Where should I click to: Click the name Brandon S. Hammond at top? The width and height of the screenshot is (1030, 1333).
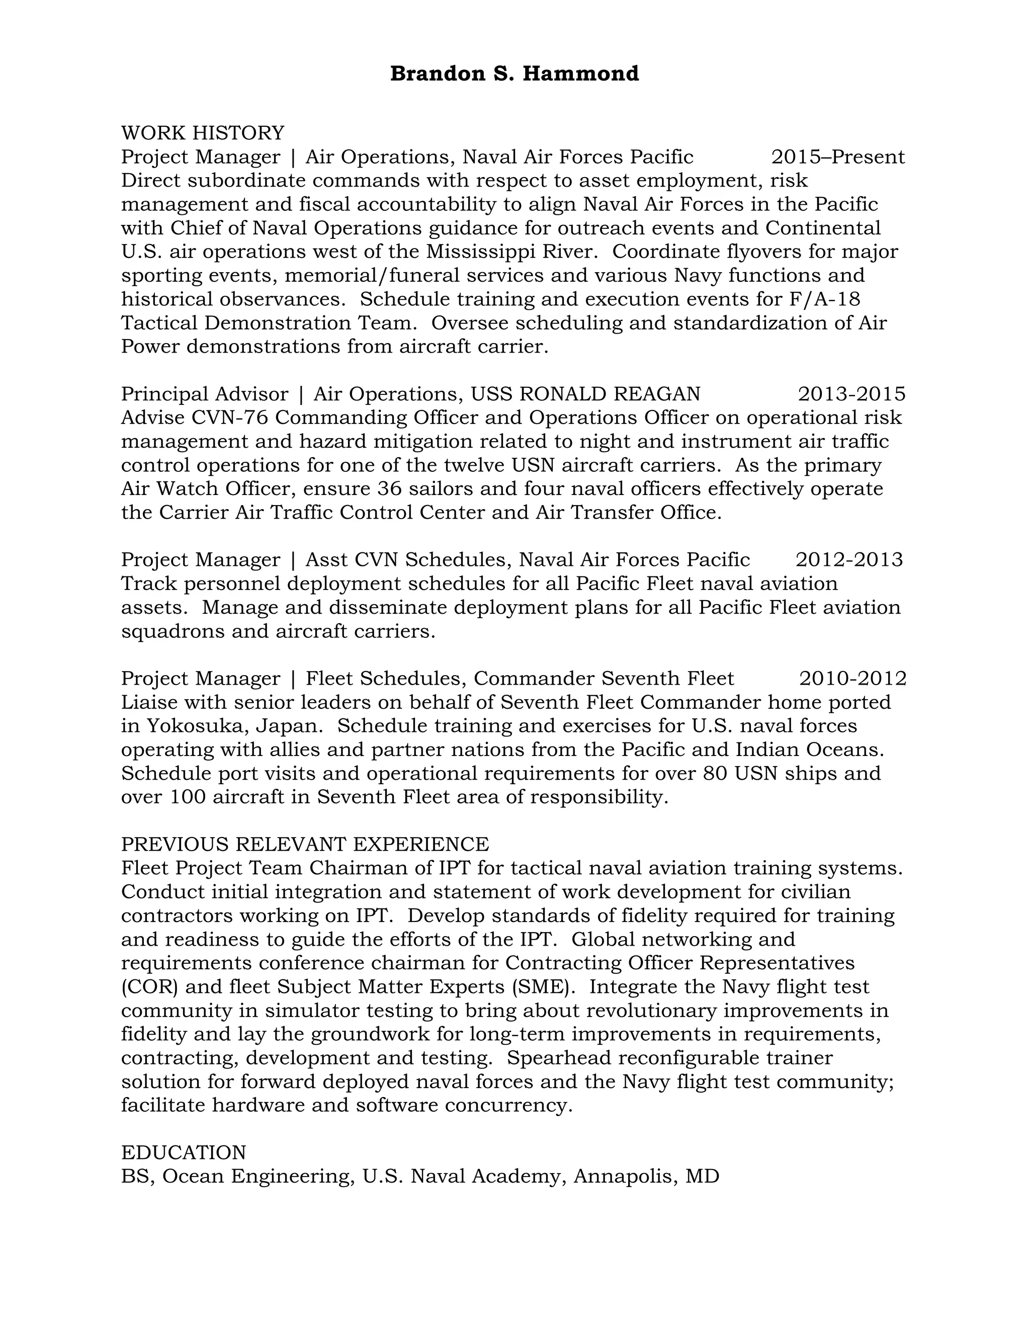pos(514,74)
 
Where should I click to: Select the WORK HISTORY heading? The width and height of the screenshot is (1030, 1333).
pos(203,133)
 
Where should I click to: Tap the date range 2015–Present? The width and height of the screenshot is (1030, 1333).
pos(838,157)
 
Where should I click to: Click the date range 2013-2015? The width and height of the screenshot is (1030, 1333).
pos(851,394)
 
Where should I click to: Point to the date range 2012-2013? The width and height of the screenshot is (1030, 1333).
pos(849,560)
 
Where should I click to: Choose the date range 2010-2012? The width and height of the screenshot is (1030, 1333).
pos(852,678)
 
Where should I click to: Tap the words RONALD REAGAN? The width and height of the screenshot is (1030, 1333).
pos(609,394)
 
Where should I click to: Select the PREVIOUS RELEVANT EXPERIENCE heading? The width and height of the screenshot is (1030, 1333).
pos(304,844)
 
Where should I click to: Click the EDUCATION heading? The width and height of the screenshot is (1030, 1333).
pos(183,1152)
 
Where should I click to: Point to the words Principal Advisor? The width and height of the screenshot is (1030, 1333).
pos(204,394)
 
